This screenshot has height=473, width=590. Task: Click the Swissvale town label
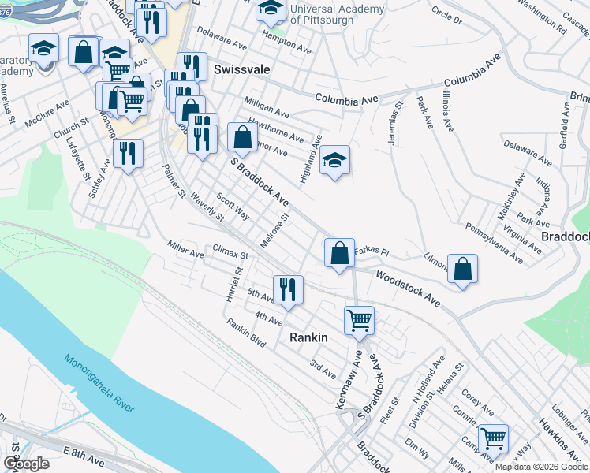tap(241, 69)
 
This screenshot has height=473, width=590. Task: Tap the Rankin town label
tap(308, 337)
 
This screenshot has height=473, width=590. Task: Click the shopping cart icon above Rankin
tap(359, 319)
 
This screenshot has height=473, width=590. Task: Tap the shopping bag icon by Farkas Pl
tap(339, 254)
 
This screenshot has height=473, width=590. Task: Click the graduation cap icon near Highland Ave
tap(335, 161)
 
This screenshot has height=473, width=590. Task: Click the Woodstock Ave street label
tap(407, 288)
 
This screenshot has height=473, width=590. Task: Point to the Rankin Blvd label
tap(245, 333)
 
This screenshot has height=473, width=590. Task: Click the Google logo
tap(26, 464)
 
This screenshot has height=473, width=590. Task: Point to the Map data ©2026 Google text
tap(541, 467)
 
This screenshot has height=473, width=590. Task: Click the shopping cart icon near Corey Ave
tap(493, 438)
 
